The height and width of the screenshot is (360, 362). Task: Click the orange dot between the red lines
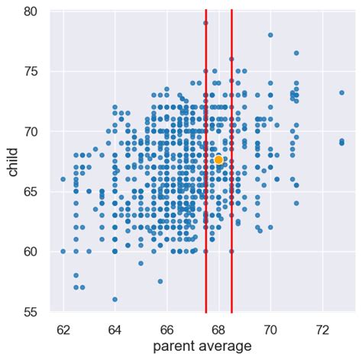coord(218,159)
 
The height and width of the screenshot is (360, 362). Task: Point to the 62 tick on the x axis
coord(63,329)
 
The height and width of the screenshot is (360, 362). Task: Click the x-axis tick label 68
coord(218,329)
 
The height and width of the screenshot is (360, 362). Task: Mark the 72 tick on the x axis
coord(322,329)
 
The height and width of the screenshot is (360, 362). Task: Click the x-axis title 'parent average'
coord(202,347)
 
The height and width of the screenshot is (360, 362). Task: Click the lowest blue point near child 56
coord(115,299)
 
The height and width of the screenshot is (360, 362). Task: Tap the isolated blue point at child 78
coord(270,35)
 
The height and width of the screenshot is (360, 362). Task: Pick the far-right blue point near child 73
coord(341,92)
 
